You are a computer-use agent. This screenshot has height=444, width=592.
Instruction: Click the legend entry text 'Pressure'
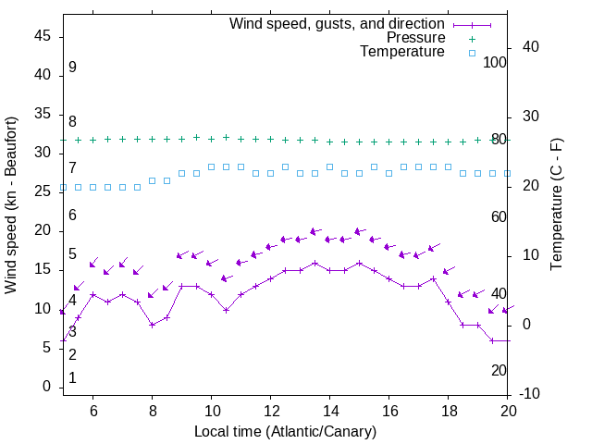(x=415, y=38)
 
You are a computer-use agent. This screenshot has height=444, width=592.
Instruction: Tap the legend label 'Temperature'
(x=402, y=52)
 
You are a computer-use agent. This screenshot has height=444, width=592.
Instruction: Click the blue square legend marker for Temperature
(x=471, y=53)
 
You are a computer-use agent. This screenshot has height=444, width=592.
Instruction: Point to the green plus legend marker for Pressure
(x=471, y=39)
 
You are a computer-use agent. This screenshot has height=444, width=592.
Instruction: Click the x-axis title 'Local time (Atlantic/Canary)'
(x=285, y=431)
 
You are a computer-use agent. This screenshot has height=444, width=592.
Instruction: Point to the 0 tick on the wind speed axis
(x=46, y=387)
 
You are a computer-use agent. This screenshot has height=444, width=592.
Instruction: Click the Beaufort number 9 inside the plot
(x=72, y=68)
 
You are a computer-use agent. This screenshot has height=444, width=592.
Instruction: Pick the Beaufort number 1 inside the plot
(x=72, y=378)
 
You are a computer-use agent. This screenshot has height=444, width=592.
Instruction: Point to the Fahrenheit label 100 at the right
(x=496, y=62)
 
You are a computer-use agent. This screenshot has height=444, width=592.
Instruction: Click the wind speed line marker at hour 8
(x=153, y=325)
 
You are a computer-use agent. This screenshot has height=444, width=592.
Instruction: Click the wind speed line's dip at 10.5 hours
(x=226, y=310)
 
